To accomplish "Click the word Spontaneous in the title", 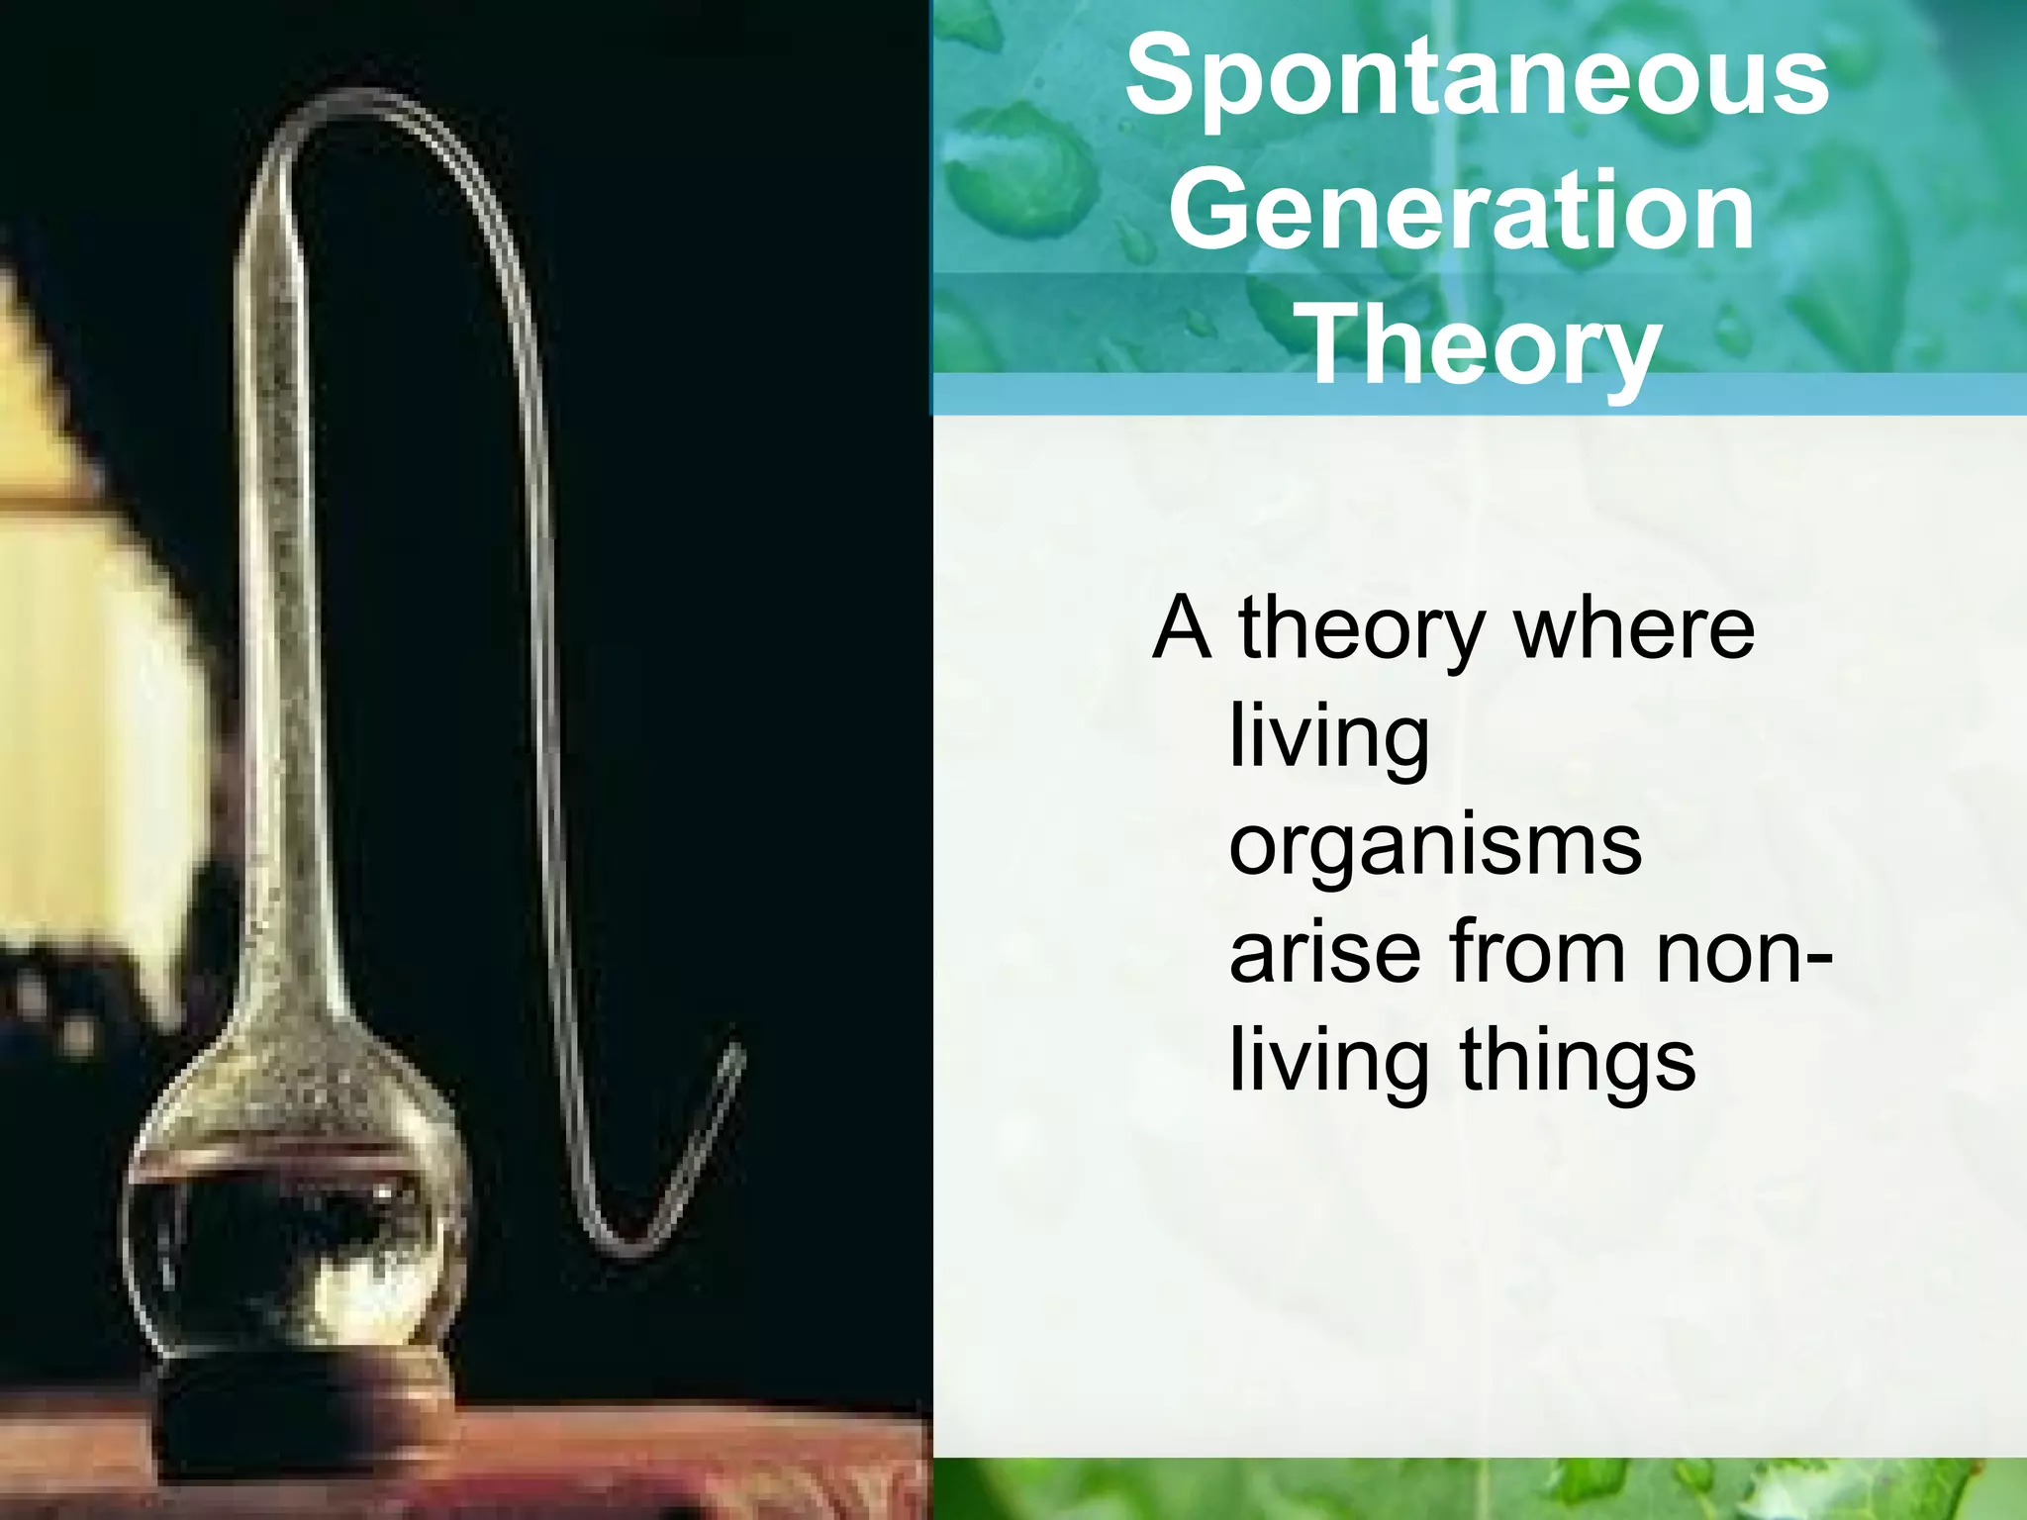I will tap(1477, 79).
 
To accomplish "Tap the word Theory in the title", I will tap(1482, 343).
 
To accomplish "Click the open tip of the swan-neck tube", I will tap(735, 1051).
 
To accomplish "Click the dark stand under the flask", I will tap(297, 1405).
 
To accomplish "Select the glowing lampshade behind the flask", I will tap(89, 693).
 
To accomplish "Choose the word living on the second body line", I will tap(1328, 738).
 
